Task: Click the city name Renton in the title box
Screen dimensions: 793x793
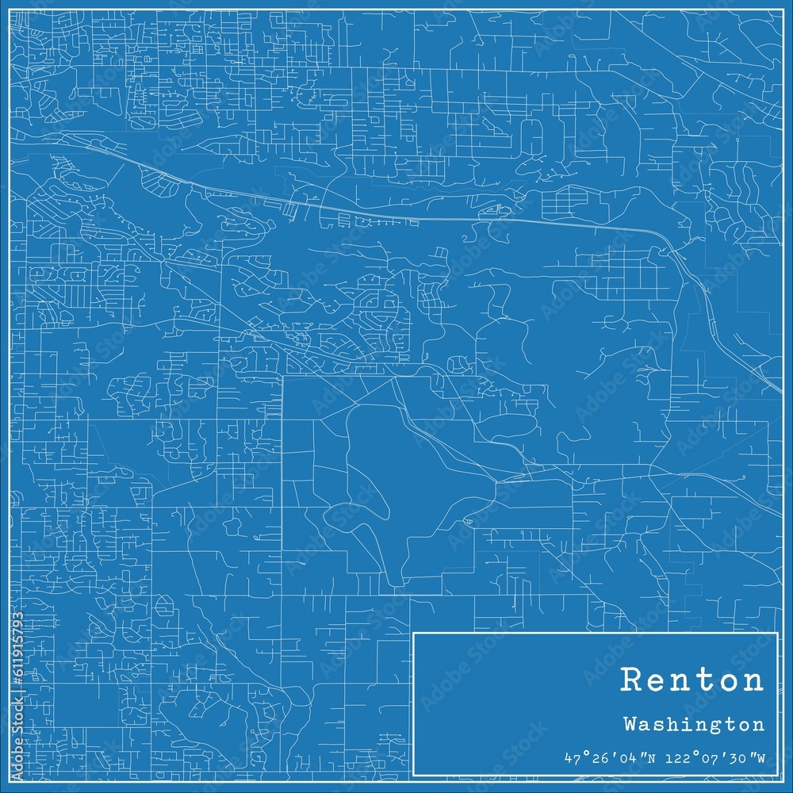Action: [692, 680]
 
